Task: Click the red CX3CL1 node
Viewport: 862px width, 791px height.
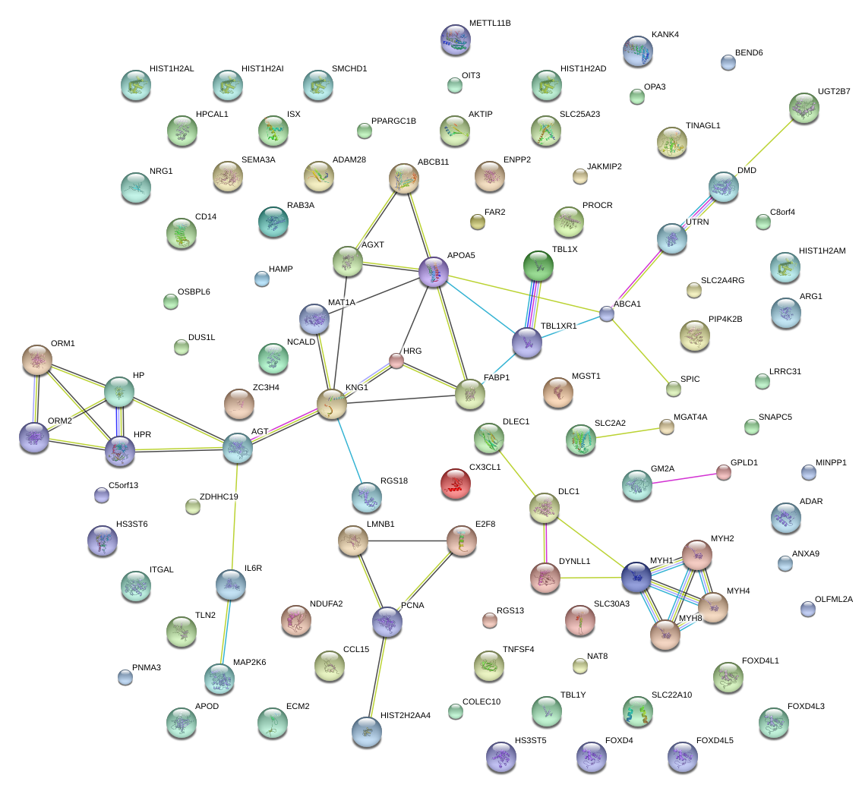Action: tap(455, 484)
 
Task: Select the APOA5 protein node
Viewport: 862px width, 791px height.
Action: tap(434, 272)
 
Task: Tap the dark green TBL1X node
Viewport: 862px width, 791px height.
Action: tap(538, 265)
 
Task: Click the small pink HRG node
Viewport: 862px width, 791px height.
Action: tap(396, 361)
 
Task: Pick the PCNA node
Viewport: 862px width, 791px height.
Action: tap(387, 622)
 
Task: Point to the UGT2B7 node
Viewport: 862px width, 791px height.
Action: tap(804, 108)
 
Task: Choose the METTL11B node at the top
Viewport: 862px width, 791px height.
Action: tap(455, 39)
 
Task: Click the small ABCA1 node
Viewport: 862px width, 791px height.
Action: tap(606, 313)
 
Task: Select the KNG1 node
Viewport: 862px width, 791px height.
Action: tap(332, 404)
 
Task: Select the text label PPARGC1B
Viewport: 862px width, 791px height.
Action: tap(393, 121)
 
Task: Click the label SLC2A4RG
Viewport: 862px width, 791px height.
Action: tap(722, 280)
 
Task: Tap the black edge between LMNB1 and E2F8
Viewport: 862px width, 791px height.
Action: tap(406, 540)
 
